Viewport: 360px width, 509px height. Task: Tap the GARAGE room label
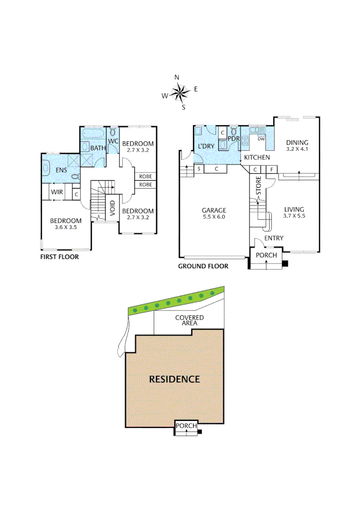click(214, 210)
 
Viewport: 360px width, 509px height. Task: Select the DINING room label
click(297, 143)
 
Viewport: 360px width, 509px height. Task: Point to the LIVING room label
click(294, 210)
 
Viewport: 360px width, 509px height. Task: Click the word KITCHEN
click(257, 157)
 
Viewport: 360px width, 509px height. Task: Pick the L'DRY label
click(206, 146)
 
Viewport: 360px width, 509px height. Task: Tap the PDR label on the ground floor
click(234, 139)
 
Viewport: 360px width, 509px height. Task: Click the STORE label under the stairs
click(258, 186)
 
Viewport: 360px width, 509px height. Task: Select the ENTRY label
click(274, 238)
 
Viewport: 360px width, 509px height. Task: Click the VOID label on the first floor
click(113, 208)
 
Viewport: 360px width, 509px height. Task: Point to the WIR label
click(57, 192)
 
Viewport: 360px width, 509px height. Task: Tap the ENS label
click(61, 170)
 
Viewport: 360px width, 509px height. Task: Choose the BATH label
click(98, 148)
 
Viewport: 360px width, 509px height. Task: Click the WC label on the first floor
click(113, 141)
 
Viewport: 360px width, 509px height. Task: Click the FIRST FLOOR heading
click(59, 257)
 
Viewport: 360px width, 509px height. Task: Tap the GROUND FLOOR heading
click(203, 266)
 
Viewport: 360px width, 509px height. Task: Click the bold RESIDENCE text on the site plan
click(174, 379)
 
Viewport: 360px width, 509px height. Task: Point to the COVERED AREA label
click(189, 320)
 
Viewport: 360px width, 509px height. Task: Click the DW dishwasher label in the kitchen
click(260, 139)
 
